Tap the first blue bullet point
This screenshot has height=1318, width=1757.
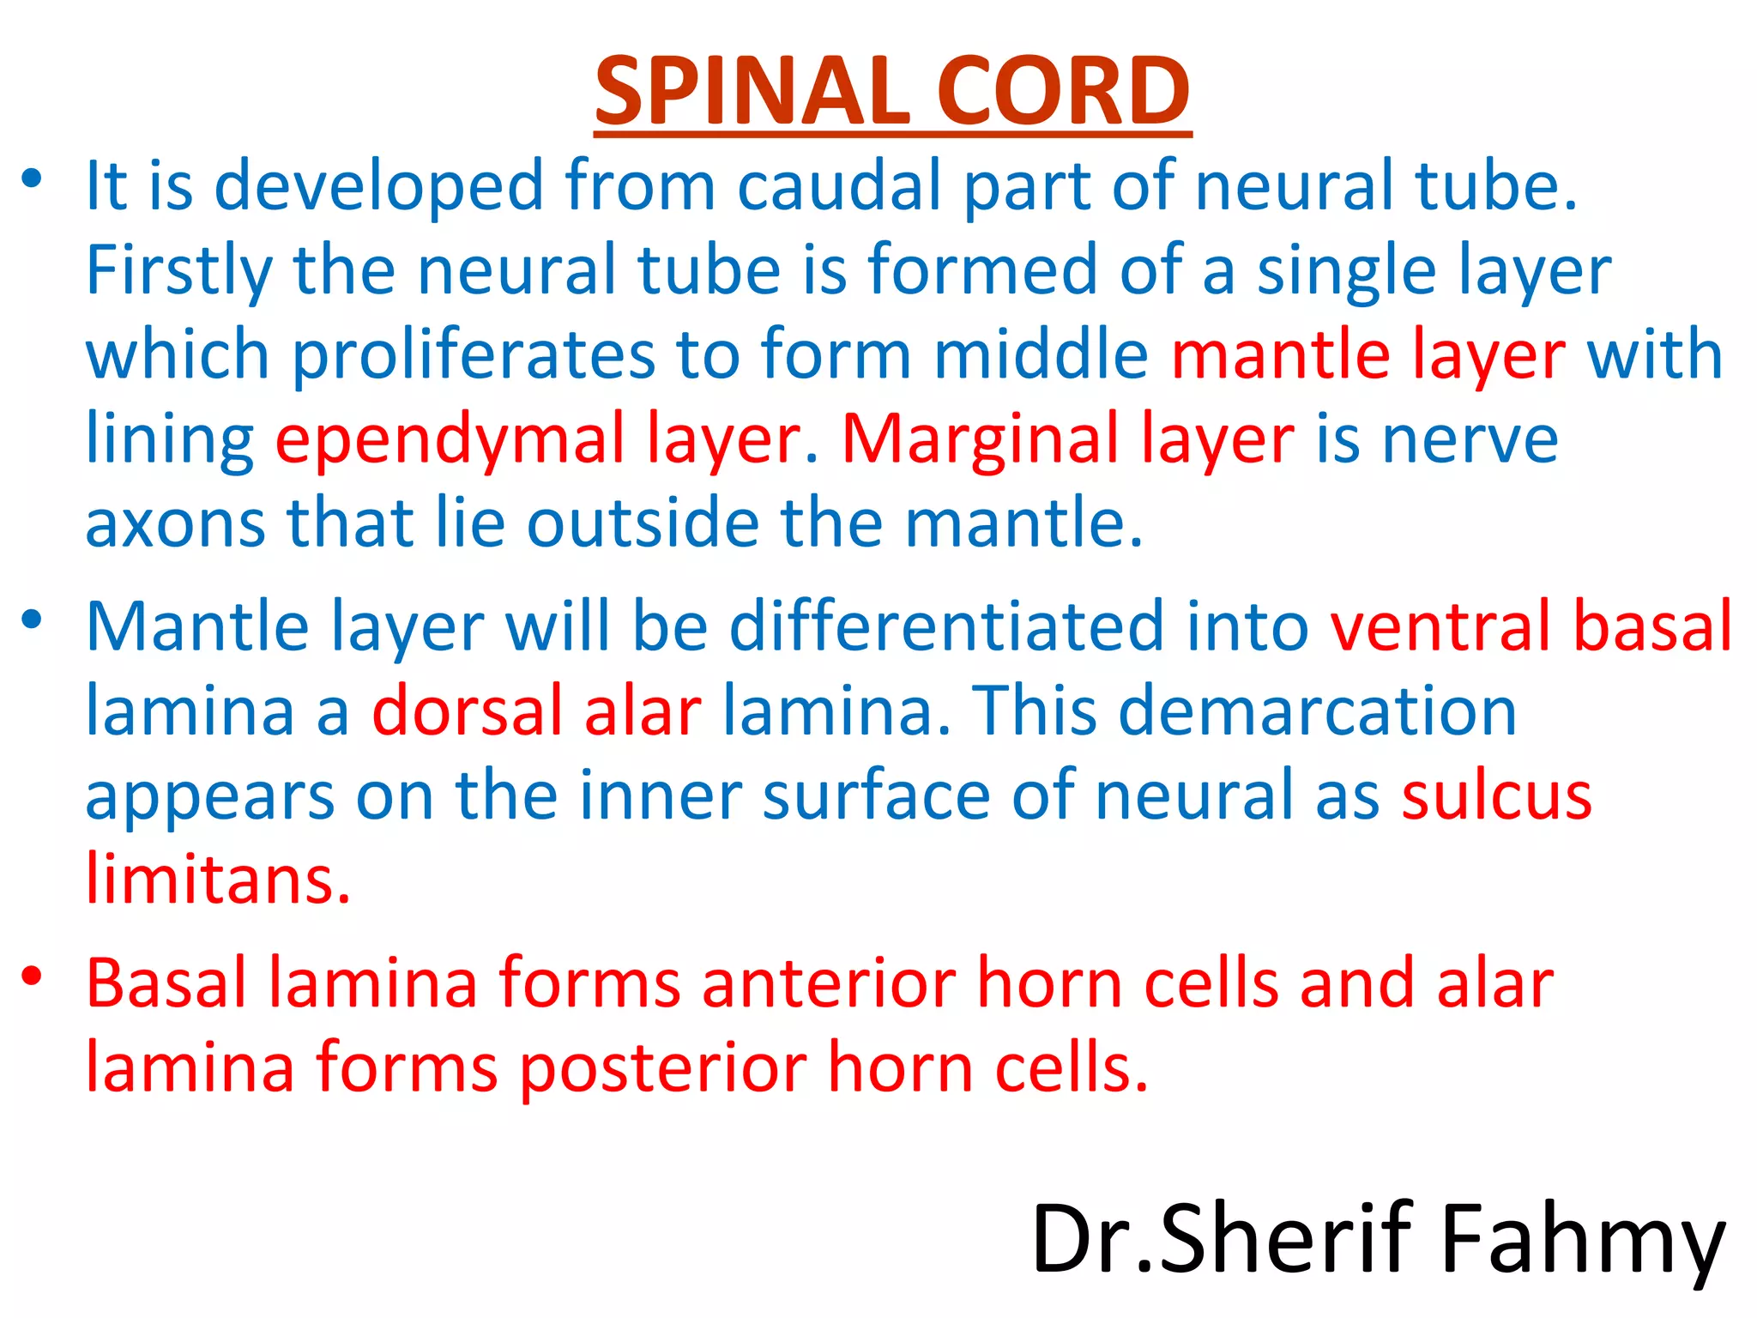[x=32, y=178]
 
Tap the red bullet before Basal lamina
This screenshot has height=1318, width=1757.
[x=32, y=976]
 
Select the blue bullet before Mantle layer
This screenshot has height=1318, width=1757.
[x=32, y=619]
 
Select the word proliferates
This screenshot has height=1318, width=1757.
[x=473, y=355]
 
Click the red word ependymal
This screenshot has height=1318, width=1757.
[x=450, y=440]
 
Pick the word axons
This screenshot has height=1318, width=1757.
[x=175, y=523]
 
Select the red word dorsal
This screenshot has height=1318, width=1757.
[x=467, y=711]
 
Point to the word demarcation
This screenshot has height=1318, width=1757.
[x=1318, y=711]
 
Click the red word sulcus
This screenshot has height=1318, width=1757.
[x=1496, y=795]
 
